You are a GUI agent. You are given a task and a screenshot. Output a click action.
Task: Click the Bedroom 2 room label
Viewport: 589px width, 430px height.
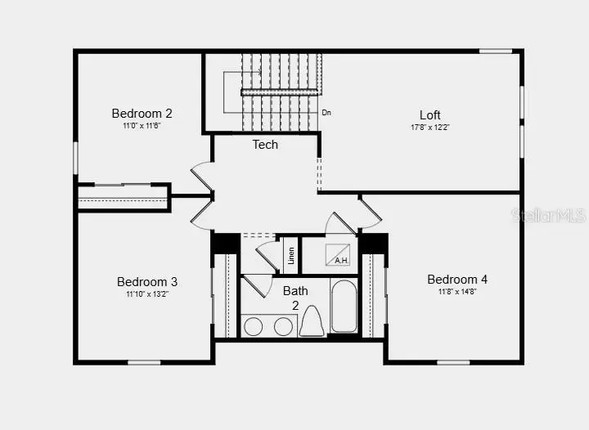point(142,114)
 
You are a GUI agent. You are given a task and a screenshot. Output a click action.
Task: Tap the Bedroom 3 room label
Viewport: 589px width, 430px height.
point(146,282)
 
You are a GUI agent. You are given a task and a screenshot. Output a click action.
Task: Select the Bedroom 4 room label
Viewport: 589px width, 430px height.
point(457,280)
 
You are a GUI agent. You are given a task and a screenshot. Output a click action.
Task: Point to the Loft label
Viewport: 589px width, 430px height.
point(430,115)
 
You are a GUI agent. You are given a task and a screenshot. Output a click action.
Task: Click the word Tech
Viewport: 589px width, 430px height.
point(264,145)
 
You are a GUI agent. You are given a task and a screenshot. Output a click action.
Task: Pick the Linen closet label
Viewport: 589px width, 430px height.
point(290,254)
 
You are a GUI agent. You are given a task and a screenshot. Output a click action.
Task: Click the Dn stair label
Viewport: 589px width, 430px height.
point(326,113)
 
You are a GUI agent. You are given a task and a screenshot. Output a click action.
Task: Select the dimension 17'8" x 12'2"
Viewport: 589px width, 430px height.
point(430,128)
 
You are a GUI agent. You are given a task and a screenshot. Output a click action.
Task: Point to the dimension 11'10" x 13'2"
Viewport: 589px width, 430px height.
point(146,294)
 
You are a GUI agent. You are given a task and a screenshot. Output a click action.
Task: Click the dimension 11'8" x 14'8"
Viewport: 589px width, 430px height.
point(457,292)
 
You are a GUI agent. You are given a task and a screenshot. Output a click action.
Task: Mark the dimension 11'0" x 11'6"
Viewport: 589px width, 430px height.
point(142,126)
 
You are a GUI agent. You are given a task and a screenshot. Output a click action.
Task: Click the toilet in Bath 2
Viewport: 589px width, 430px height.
point(312,321)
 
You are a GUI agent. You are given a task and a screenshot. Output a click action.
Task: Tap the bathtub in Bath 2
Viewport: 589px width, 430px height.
point(344,307)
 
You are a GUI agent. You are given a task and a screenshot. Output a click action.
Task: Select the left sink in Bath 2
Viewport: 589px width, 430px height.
point(254,326)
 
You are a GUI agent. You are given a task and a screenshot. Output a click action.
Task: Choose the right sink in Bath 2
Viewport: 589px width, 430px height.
point(283,326)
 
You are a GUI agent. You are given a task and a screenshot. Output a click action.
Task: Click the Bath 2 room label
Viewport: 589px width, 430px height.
point(295,298)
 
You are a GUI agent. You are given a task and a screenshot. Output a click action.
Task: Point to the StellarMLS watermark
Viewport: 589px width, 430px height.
point(548,215)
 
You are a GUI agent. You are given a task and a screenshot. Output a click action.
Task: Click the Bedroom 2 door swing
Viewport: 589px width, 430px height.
point(200,177)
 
